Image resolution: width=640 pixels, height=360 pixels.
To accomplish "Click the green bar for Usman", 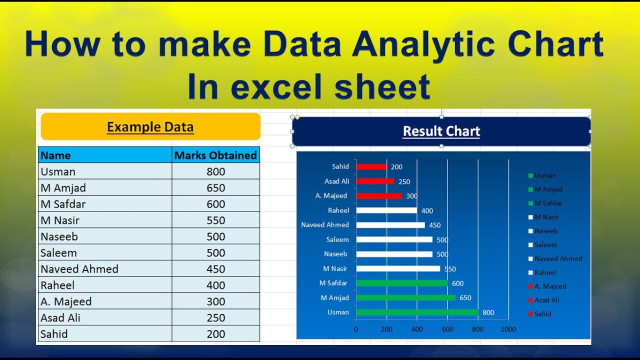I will [417, 312].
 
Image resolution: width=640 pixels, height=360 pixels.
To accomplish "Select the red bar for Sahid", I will [371, 167].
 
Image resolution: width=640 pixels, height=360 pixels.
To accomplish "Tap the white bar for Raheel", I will [386, 210].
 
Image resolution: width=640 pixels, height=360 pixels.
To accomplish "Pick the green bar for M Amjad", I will [405, 298].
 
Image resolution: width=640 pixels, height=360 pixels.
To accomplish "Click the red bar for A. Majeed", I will [378, 196].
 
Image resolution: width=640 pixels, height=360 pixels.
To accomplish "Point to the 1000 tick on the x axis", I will [508, 329].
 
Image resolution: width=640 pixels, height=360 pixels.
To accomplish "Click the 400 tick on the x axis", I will [417, 329].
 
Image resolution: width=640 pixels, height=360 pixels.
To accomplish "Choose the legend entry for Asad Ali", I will [546, 300].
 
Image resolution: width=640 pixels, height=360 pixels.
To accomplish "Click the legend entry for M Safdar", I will [548, 203].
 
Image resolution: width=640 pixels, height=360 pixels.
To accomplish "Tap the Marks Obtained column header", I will [215, 155].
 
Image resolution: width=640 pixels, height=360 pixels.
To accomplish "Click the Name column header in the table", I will [55, 155].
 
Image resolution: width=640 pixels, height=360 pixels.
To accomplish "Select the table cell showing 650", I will [215, 188].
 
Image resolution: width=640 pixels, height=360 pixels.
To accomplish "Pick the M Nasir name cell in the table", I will [60, 220].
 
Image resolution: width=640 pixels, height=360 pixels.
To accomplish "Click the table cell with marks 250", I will [215, 318].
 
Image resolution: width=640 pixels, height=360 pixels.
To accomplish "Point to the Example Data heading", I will [150, 127].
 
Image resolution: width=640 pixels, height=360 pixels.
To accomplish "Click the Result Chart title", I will [441, 131].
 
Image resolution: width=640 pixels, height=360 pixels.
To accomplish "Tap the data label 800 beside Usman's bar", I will [488, 313].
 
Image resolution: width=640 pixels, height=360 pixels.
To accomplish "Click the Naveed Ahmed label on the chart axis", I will [325, 225].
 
